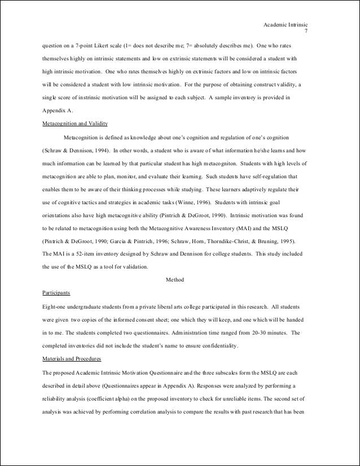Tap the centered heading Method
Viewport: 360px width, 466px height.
[175, 280]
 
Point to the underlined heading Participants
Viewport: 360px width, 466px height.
[56, 293]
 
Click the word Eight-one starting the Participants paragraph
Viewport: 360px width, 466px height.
[56, 306]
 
